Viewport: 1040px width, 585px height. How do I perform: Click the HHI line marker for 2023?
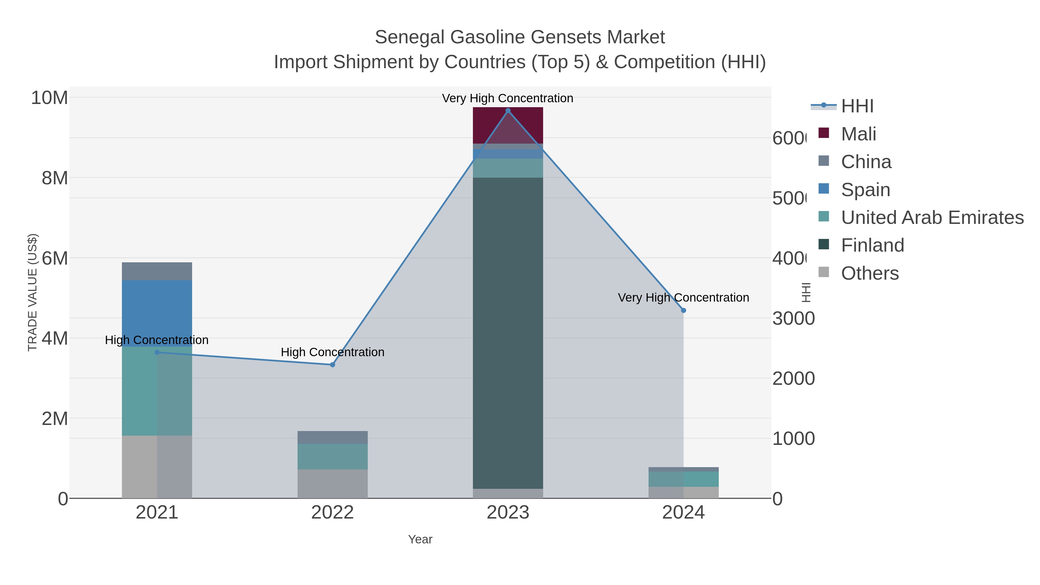[x=508, y=111]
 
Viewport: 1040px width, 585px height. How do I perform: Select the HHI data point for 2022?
[x=332, y=365]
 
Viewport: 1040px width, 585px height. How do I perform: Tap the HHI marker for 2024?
[x=683, y=311]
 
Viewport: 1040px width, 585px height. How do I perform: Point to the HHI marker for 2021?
[x=157, y=352]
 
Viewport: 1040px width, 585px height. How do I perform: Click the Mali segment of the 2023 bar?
[x=508, y=125]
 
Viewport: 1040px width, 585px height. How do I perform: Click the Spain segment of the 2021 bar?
[x=157, y=313]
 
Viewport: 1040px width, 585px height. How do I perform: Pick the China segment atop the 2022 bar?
[x=332, y=437]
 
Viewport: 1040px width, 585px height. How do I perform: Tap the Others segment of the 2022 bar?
[x=332, y=484]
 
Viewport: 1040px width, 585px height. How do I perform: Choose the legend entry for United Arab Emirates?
[x=932, y=218]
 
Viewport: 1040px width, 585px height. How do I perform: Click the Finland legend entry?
[x=872, y=246]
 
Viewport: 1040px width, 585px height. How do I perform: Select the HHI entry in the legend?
[x=857, y=106]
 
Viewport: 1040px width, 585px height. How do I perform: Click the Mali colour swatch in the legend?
[x=824, y=133]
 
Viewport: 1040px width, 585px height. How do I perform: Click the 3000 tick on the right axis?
[x=793, y=319]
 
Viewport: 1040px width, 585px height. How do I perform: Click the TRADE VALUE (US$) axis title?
[x=32, y=292]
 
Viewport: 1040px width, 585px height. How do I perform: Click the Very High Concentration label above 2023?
[x=508, y=98]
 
